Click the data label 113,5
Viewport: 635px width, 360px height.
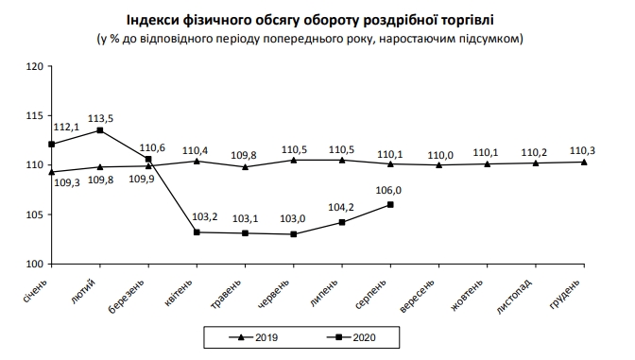(99, 119)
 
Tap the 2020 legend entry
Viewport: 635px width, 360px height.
(358, 335)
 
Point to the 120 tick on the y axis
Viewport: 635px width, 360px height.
(35, 67)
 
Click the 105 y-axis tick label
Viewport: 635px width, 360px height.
(35, 214)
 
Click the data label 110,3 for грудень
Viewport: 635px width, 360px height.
(583, 150)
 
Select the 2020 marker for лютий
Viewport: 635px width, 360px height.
(100, 130)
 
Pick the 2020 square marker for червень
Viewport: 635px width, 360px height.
(294, 234)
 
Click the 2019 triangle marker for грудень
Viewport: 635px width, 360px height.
(584, 162)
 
